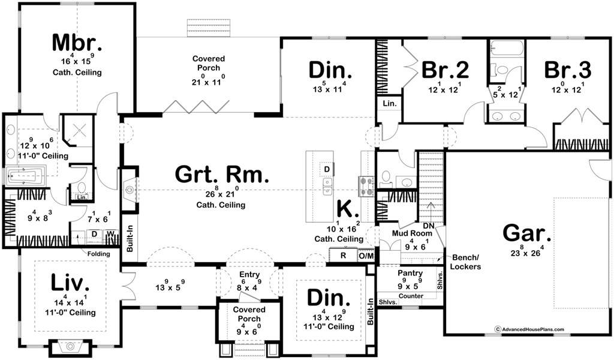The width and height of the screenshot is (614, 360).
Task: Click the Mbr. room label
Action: pyautogui.click(x=77, y=43)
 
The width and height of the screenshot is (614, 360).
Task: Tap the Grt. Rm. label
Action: pyautogui.click(x=222, y=175)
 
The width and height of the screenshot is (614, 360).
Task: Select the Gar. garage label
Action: pyautogui.click(x=527, y=233)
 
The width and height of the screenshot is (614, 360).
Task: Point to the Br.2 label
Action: pyautogui.click(x=445, y=70)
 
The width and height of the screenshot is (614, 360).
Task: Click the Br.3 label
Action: pyautogui.click(x=568, y=70)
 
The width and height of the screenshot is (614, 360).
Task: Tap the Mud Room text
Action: pyautogui.click(x=411, y=233)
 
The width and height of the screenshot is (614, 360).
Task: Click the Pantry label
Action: pyautogui.click(x=410, y=274)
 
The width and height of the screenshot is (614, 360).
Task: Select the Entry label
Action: pyautogui.click(x=249, y=275)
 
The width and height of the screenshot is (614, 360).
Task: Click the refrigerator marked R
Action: pyautogui.click(x=343, y=256)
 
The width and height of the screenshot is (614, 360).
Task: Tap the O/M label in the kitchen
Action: pyautogui.click(x=366, y=256)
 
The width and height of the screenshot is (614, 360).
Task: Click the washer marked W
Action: pyautogui.click(x=111, y=234)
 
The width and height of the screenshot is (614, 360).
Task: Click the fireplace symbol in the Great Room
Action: pyautogui.click(x=130, y=190)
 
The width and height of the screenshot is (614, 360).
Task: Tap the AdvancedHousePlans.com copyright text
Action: pyautogui.click(x=530, y=329)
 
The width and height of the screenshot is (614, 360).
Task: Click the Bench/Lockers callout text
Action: pyautogui.click(x=465, y=262)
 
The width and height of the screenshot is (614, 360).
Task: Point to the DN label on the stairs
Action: pyautogui.click(x=428, y=226)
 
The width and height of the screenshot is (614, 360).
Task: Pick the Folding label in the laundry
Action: pyautogui.click(x=99, y=254)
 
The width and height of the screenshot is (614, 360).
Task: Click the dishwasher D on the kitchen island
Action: pyautogui.click(x=327, y=169)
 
